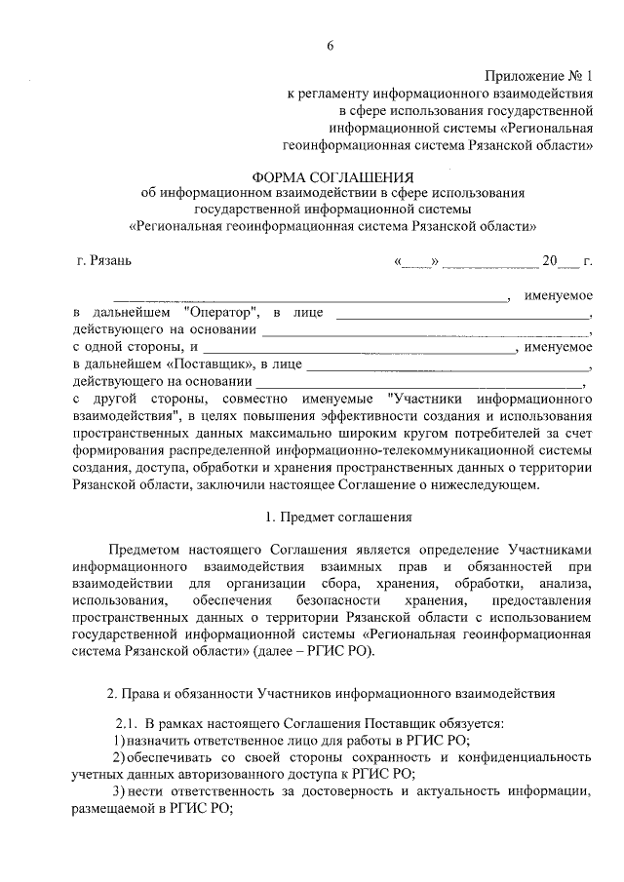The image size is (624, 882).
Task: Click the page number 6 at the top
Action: tap(331, 47)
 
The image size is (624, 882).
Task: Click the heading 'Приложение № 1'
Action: tap(538, 76)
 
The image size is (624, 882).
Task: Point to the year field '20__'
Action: tap(559, 262)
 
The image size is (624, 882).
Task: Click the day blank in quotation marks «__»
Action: tap(418, 262)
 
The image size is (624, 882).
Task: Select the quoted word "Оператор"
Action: tap(220, 313)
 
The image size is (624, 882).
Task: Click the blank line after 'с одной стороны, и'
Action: tap(360, 347)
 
